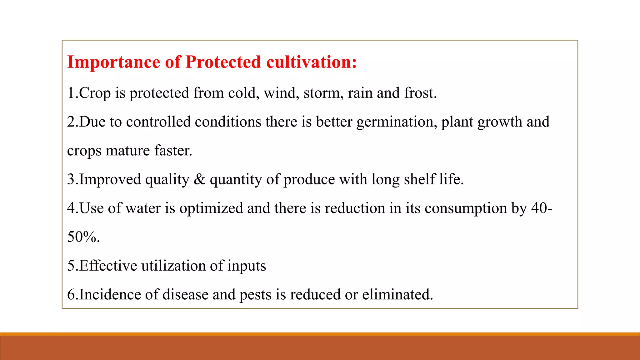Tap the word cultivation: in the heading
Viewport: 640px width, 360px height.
[312, 62]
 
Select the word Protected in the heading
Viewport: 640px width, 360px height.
[223, 62]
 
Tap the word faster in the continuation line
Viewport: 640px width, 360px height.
[173, 151]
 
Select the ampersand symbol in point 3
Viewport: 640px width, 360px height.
[199, 179]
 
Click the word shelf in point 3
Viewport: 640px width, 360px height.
[419, 179]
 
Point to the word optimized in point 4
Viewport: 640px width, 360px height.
[211, 208]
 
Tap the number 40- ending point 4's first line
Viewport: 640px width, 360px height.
[542, 208]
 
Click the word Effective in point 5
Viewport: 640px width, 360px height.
[108, 266]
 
